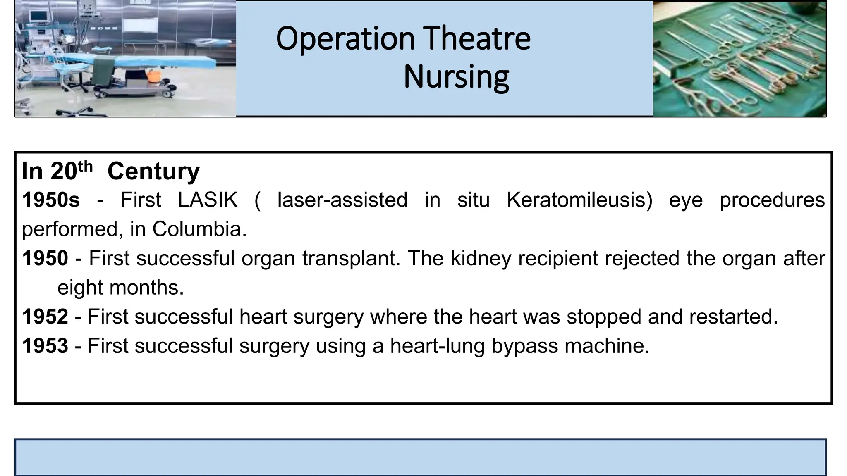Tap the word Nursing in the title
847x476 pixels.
click(456, 77)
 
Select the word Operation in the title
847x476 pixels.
click(345, 39)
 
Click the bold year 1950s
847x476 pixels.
click(51, 200)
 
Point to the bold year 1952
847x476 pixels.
click(45, 317)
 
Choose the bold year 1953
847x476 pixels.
click(45, 346)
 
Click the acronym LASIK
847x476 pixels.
click(208, 200)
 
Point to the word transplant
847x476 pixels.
click(351, 259)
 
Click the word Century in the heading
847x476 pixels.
click(153, 171)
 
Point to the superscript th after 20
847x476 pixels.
click(85, 167)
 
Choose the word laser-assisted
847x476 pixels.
click(342, 200)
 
